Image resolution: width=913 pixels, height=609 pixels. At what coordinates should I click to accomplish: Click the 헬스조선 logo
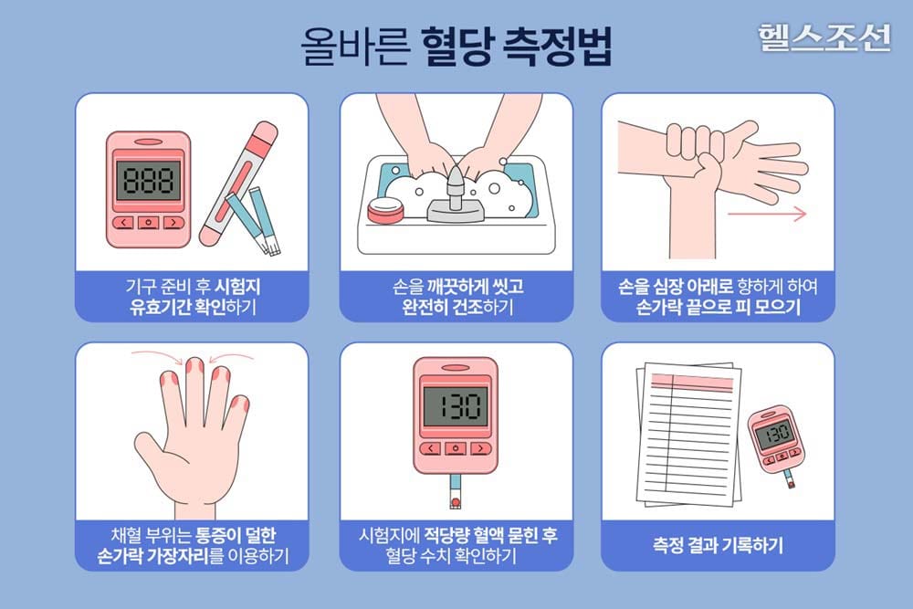pyautogui.click(x=823, y=36)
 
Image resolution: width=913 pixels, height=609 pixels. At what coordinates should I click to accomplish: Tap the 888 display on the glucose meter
pyautogui.click(x=148, y=180)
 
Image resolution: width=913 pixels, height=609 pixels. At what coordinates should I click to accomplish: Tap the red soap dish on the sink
pyautogui.click(x=385, y=211)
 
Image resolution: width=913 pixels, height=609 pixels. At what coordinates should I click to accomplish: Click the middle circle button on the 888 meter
pyautogui.click(x=148, y=222)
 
